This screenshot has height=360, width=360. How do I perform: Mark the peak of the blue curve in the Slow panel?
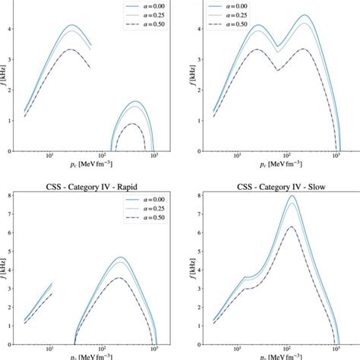click(x=292, y=196)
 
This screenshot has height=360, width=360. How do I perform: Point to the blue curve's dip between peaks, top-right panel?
click(x=279, y=46)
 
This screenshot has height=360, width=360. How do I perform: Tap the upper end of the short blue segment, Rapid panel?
click(x=52, y=283)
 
